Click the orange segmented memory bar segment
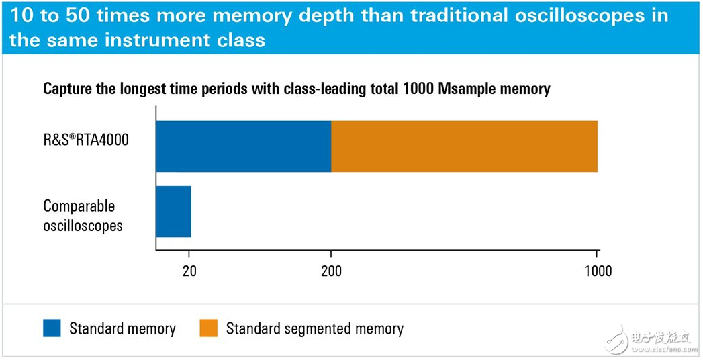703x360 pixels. [464, 146]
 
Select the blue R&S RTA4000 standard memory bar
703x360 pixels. [243, 146]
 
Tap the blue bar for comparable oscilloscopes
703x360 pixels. [173, 212]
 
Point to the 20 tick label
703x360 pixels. [189, 271]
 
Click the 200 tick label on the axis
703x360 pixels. [331, 271]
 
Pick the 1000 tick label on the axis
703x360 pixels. [597, 271]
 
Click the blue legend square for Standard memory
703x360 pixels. [52, 328]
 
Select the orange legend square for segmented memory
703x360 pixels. [209, 328]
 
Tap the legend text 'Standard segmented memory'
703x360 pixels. [314, 329]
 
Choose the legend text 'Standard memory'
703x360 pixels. [122, 329]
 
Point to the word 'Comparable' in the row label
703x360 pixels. [79, 206]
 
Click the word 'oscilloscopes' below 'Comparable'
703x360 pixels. [83, 225]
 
